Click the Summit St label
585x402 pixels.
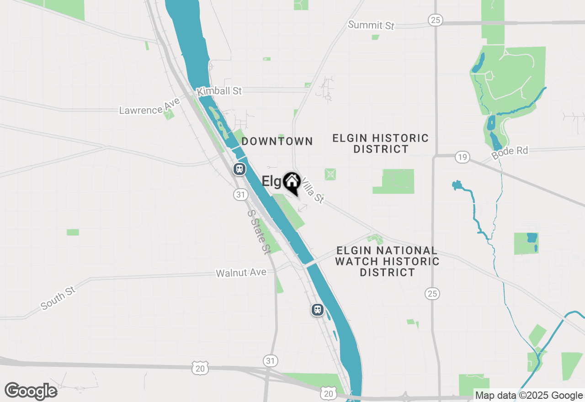tap(371, 25)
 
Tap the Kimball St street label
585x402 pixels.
tap(219, 91)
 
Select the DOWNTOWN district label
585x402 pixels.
tap(277, 142)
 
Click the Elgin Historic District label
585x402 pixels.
tap(381, 143)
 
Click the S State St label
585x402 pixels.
tap(259, 232)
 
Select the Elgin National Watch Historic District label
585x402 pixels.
tap(387, 261)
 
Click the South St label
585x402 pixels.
tap(58, 298)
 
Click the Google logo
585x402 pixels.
tap(31, 391)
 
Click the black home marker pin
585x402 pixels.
tap(291, 183)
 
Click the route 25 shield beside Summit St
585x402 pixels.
tap(435, 20)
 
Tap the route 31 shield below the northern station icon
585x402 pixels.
tap(240, 195)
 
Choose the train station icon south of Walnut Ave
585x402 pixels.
tap(317, 310)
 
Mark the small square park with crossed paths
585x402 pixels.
tap(330, 174)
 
